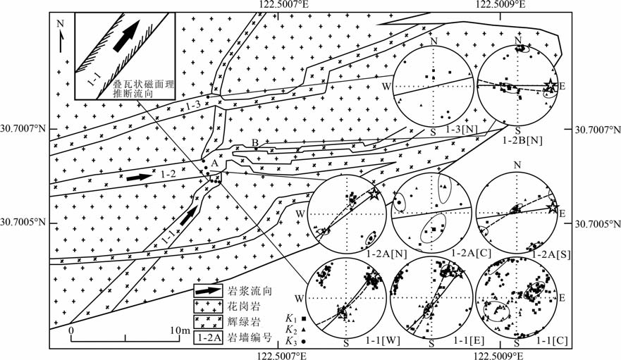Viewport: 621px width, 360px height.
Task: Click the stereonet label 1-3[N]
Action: [x=462, y=130]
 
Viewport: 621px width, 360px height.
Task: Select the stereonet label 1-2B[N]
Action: [x=523, y=139]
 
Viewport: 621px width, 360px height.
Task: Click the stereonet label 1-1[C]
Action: [x=553, y=340]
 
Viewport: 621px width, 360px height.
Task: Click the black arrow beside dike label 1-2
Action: [x=140, y=178]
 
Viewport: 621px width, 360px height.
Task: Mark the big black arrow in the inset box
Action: [x=126, y=36]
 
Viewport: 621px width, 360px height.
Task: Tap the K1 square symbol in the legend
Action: [x=304, y=318]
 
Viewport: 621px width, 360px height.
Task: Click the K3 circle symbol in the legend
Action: [x=304, y=340]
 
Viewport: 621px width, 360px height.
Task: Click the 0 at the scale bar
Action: [x=71, y=330]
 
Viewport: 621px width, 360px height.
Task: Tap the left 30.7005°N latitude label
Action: [x=23, y=222]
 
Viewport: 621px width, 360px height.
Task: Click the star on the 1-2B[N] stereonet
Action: [x=550, y=85]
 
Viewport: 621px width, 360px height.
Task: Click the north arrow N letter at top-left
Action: [x=60, y=24]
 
